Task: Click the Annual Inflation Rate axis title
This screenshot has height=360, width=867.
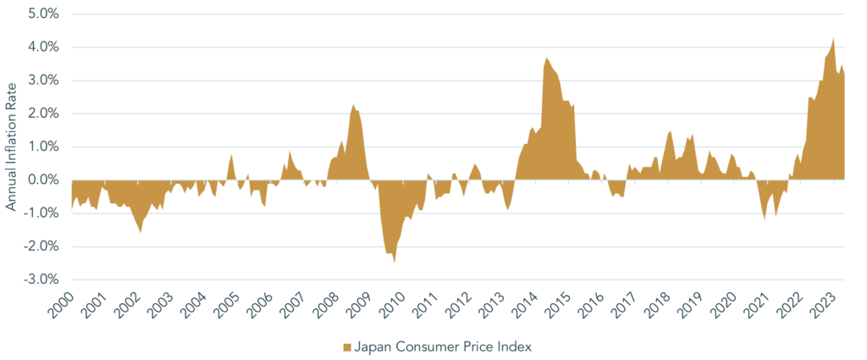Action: pos(11,147)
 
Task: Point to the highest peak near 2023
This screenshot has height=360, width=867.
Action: pos(834,37)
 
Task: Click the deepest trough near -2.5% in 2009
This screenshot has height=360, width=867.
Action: pos(395,263)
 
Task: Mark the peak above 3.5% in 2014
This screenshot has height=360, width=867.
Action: pos(546,58)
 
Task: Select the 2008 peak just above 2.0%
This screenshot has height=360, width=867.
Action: pos(353,104)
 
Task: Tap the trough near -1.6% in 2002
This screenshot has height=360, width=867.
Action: pos(140,233)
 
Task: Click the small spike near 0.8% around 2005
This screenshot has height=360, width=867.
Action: pos(231,154)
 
